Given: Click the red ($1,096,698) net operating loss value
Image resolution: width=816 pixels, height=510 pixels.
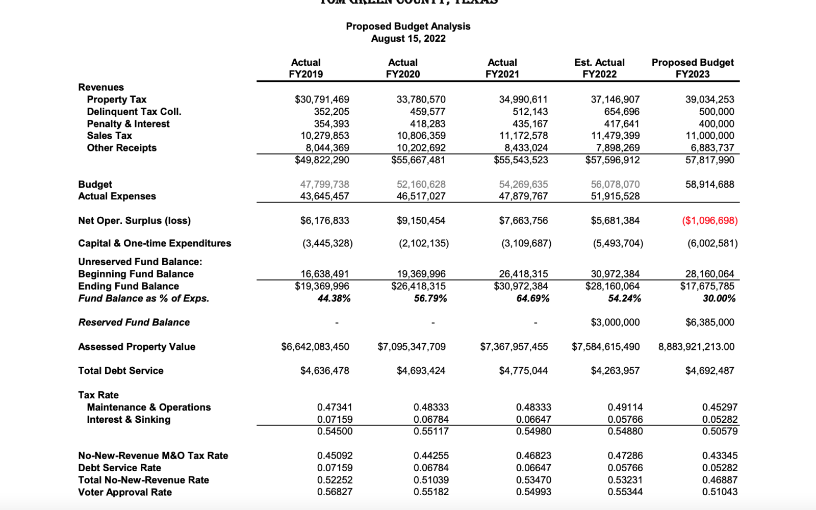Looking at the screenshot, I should tap(710, 221).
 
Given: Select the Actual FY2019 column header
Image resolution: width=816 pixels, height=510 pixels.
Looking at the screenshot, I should tap(305, 68).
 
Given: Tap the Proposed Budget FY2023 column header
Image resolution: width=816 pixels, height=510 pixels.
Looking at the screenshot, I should tap(692, 68).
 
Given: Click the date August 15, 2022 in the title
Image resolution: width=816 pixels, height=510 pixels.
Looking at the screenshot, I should tap(408, 39).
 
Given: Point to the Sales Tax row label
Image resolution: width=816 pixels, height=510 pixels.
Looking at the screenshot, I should tap(109, 136).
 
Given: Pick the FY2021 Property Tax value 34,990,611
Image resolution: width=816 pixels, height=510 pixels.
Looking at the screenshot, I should tap(523, 99).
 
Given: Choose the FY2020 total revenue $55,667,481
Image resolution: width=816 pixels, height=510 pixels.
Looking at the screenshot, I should tap(418, 160).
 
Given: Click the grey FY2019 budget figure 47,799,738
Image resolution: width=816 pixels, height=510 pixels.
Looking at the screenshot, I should tap(324, 184).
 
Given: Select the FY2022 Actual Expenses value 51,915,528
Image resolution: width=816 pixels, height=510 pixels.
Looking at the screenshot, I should tap(615, 196).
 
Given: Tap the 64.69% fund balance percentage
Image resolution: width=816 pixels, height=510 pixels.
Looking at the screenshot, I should tap(533, 298).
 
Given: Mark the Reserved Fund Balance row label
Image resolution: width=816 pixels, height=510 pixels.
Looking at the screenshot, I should tap(134, 322).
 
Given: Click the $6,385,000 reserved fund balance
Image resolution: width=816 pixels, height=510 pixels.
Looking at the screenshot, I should tap(710, 322).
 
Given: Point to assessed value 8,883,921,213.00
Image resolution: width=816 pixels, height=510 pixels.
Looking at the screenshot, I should tap(696, 347).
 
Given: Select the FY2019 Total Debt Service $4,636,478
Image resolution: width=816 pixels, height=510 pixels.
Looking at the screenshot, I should tap(324, 371).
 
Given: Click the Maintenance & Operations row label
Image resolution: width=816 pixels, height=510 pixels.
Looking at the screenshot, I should tap(148, 407).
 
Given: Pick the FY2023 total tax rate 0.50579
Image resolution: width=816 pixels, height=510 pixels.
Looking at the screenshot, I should tap(720, 431).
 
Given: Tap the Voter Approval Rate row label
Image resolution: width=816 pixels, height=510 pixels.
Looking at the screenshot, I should tap(124, 492).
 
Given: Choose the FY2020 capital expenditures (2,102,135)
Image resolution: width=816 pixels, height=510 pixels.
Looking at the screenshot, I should tap(424, 243).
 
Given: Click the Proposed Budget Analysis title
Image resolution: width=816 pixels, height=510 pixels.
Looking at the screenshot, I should tap(408, 26).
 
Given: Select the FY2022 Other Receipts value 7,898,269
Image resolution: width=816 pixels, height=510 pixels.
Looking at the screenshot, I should tap(615, 148).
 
